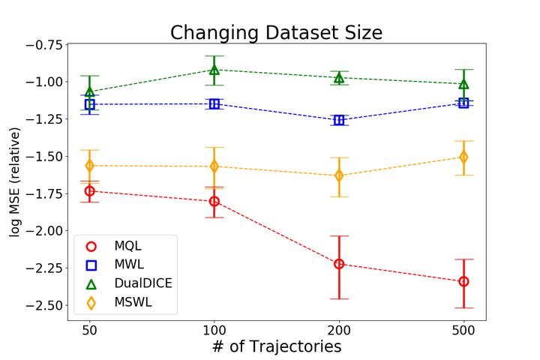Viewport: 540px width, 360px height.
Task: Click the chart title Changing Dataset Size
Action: tap(276, 33)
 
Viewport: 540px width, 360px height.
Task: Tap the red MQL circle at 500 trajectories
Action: tap(463, 281)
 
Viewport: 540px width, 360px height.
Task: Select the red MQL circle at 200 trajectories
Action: tap(339, 264)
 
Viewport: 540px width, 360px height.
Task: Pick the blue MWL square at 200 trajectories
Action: tap(339, 120)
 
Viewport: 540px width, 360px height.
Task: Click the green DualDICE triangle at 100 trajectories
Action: tap(214, 70)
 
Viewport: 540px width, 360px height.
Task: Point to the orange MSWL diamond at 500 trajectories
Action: tap(463, 157)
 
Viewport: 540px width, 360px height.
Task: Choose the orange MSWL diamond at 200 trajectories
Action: tap(339, 175)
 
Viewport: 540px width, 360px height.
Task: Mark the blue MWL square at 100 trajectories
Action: tap(214, 103)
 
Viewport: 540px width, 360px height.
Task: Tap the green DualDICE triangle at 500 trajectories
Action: tap(463, 84)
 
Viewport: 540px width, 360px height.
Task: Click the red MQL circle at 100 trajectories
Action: tap(214, 201)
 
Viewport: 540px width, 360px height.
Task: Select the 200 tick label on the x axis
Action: tap(339, 329)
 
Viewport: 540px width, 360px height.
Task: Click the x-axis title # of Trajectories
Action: tap(276, 346)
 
